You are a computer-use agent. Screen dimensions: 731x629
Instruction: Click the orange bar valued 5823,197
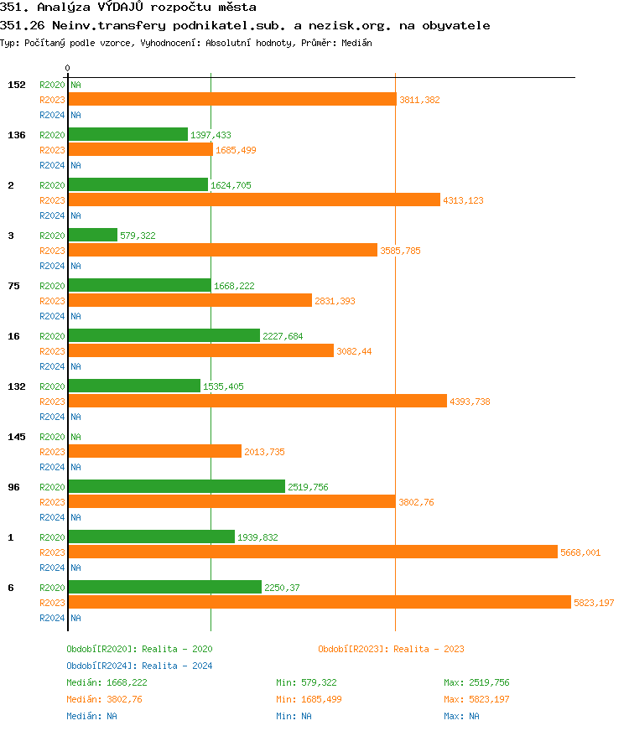point(319,602)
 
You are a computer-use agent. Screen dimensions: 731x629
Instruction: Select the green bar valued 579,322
point(92,235)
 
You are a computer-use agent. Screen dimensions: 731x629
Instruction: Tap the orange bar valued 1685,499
point(140,149)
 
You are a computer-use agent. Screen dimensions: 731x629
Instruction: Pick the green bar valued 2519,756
point(176,486)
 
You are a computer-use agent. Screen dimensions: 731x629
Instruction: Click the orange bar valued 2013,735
point(154,451)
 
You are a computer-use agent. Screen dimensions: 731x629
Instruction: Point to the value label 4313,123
point(463,200)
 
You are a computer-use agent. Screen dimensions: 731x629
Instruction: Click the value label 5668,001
point(580,552)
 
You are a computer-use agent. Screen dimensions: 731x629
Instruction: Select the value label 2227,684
point(283,336)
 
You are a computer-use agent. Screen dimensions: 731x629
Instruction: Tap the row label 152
point(16,85)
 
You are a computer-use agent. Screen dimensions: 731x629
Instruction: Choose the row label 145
point(16,437)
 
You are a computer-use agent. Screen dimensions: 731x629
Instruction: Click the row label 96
point(13,487)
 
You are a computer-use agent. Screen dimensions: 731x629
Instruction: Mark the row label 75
point(13,286)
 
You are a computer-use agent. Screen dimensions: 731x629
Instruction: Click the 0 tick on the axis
point(68,68)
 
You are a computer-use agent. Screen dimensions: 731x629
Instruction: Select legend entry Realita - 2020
point(139,649)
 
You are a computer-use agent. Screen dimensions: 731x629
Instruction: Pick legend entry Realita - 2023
point(391,649)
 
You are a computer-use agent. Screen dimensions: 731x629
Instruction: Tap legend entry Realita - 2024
point(139,666)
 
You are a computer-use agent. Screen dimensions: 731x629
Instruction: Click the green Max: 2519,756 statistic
point(476,682)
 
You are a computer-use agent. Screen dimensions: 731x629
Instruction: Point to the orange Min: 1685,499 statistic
point(309,699)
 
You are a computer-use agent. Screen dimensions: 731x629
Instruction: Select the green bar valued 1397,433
point(127,134)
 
